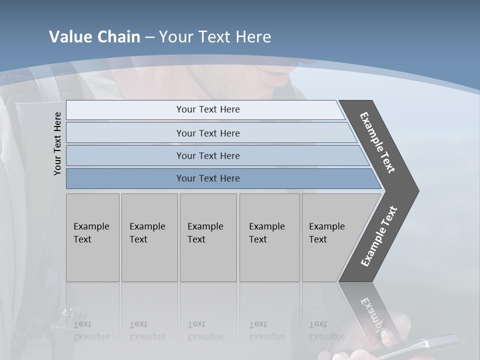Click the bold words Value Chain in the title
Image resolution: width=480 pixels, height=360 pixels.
[x=94, y=37]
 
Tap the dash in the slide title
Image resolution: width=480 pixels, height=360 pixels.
[x=149, y=37]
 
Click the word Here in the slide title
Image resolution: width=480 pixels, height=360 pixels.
[x=253, y=37]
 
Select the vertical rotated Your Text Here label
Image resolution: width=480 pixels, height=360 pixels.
[x=57, y=144]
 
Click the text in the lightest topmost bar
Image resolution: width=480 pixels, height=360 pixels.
[x=207, y=109]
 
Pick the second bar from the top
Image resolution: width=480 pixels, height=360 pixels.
[x=207, y=133]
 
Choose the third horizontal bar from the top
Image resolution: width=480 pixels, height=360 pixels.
[x=207, y=155]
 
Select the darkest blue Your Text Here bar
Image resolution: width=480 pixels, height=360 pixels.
[x=207, y=178]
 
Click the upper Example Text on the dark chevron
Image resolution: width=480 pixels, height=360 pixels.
[x=377, y=142]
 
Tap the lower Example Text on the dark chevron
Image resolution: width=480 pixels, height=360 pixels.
[x=378, y=236]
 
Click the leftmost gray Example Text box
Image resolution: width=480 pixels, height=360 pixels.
[x=92, y=237]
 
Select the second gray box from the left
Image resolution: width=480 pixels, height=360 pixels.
[x=149, y=237]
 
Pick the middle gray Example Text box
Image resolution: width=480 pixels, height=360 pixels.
[x=208, y=237]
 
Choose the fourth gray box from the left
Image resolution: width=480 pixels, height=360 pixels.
[x=269, y=237]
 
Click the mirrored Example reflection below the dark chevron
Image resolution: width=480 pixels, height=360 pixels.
[x=372, y=315]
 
